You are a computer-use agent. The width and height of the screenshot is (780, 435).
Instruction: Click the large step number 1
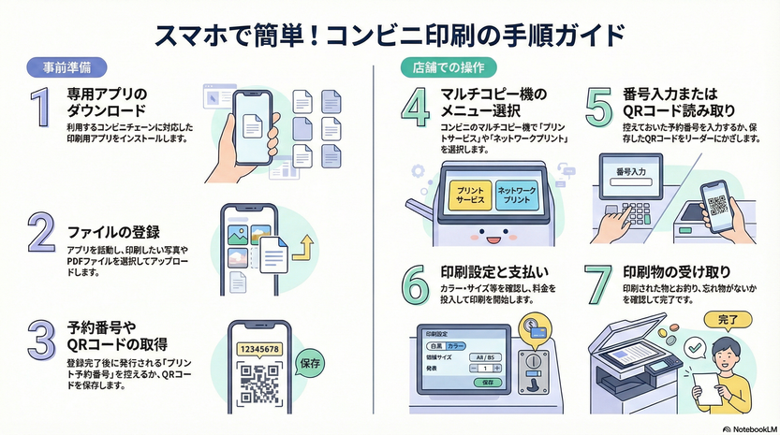pos(38,109)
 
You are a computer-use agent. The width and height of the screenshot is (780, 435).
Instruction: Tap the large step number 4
pos(415,109)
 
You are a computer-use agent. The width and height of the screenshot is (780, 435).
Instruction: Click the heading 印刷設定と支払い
pos(495,272)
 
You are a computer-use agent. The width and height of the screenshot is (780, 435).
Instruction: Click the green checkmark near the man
pos(694,348)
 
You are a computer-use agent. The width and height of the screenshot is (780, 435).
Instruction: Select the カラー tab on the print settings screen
pos(456,346)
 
